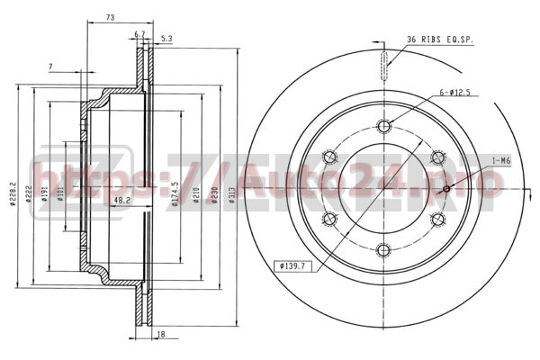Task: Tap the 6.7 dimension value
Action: click(x=139, y=34)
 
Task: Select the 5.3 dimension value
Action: click(x=166, y=39)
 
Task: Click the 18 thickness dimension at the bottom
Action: click(x=159, y=334)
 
